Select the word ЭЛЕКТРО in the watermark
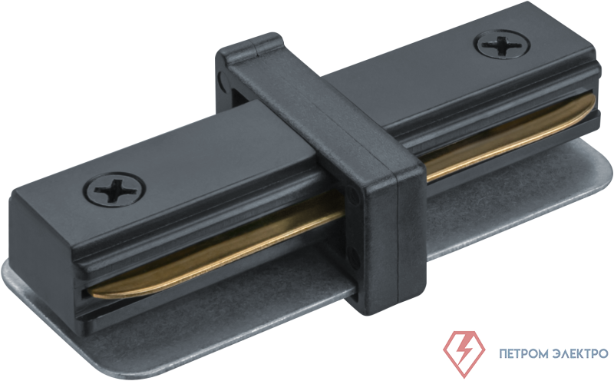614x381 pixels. (x=581, y=353)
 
